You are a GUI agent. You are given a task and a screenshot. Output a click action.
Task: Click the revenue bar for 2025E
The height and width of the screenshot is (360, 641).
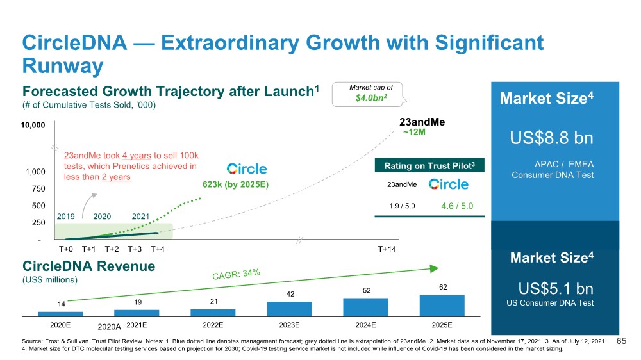tap(442, 305)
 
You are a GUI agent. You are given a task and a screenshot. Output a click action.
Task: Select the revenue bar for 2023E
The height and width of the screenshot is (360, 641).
tap(289, 309)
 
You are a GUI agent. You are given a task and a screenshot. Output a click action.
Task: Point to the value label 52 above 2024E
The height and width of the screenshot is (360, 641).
tap(365, 290)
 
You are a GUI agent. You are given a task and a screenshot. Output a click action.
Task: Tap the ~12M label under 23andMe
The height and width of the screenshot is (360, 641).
tap(414, 133)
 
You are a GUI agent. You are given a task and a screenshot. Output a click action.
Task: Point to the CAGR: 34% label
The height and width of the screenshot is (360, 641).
tap(236, 275)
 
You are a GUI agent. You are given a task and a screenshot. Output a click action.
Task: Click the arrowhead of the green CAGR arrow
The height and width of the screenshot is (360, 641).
tap(435, 269)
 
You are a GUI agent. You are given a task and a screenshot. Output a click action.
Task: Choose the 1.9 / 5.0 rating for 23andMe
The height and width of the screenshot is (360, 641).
tap(402, 206)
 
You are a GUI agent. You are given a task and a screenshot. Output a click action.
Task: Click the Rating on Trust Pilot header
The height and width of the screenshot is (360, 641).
tap(429, 167)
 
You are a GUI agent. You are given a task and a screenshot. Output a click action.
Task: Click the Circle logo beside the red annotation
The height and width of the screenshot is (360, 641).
tap(247, 168)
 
